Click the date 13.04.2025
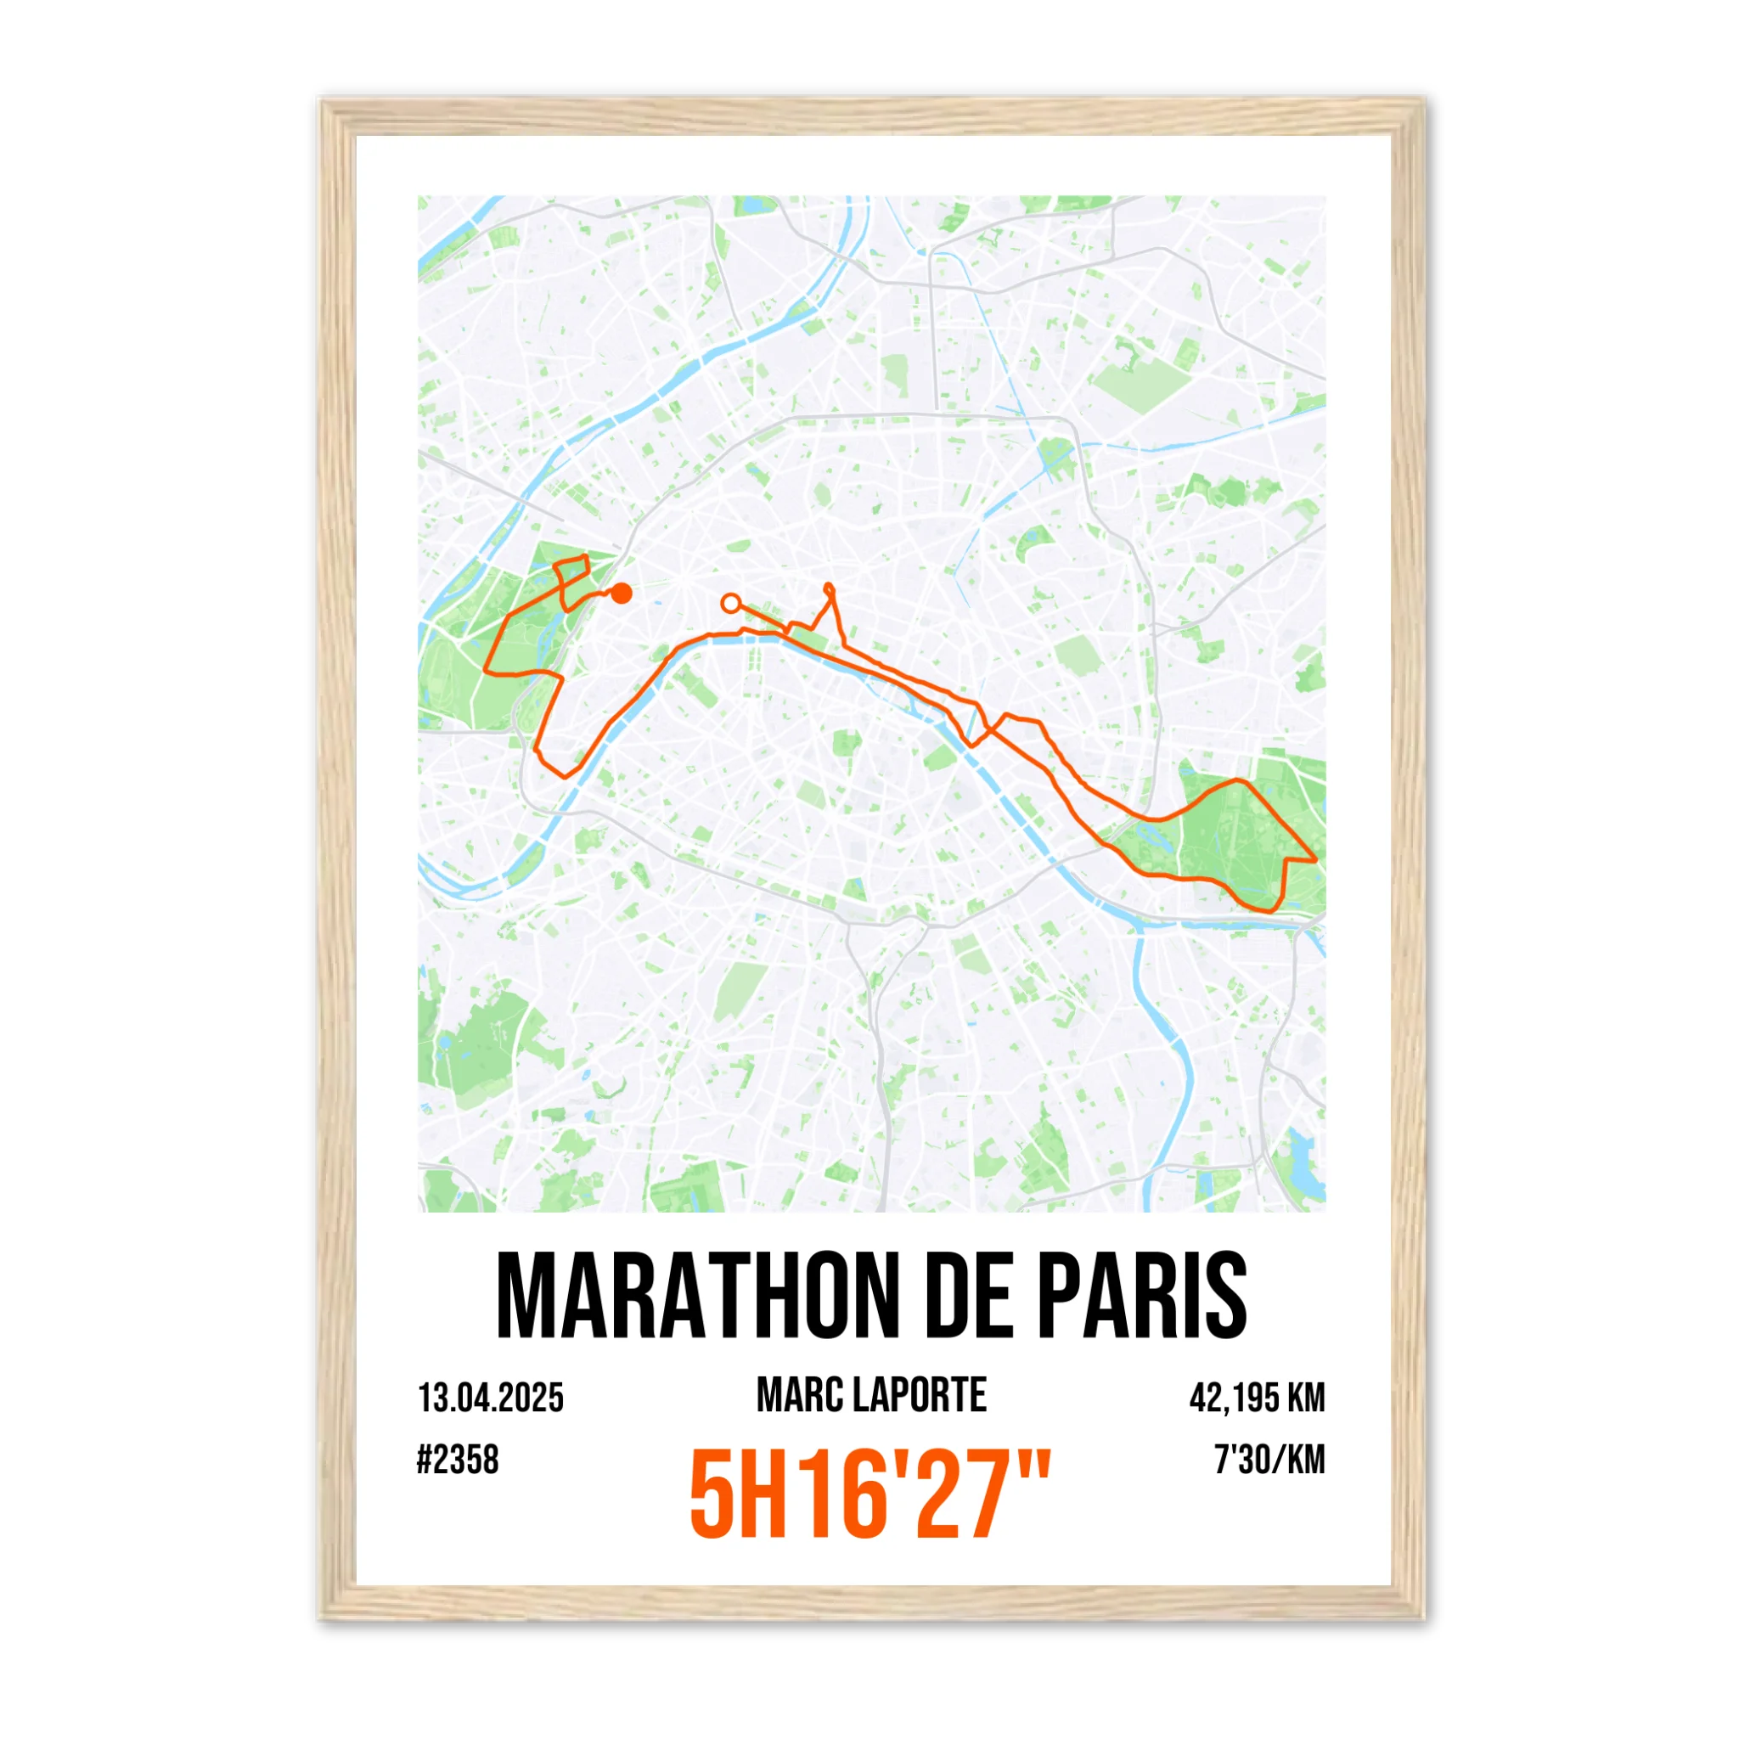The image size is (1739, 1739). point(491,1399)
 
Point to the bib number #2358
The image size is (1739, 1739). point(458,1460)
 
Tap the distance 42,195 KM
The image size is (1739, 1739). point(1257,1399)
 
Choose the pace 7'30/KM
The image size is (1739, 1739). point(1269,1460)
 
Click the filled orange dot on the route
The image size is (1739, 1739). point(621,593)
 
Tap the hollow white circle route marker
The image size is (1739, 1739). point(731,602)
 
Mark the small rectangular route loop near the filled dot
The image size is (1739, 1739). point(572,569)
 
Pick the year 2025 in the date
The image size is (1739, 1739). point(532,1399)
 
